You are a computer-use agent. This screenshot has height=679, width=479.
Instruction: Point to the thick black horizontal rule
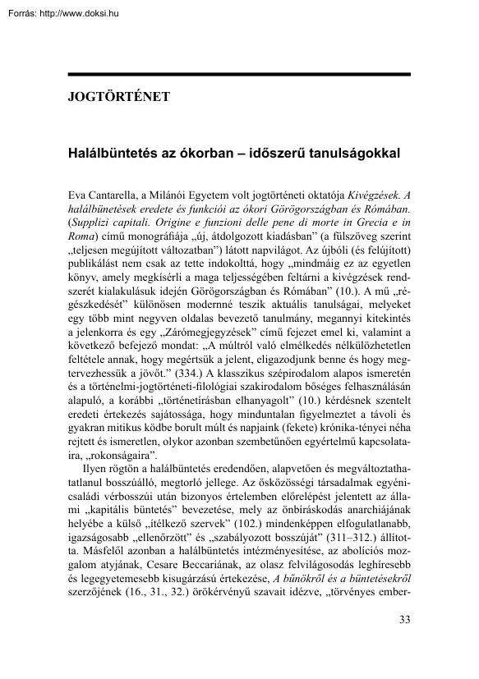238,76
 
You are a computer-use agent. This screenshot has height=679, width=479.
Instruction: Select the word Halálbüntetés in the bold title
110,153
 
